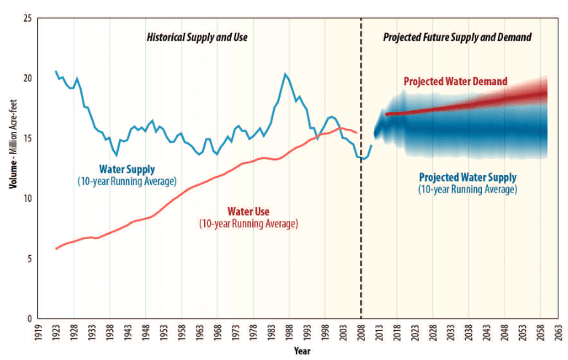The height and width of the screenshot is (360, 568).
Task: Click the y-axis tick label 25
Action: pyautogui.click(x=28, y=17)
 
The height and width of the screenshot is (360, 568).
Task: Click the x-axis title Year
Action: pyautogui.click(x=302, y=351)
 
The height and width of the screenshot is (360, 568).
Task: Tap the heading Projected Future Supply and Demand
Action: pyautogui.click(x=457, y=36)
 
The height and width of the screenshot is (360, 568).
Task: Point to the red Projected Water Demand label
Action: pyautogui.click(x=455, y=82)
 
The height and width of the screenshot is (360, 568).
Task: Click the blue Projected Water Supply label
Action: pyautogui.click(x=467, y=177)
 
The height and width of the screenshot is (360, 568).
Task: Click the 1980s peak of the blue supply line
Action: pyautogui.click(x=285, y=74)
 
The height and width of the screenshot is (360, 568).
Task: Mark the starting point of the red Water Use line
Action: pyautogui.click(x=56, y=249)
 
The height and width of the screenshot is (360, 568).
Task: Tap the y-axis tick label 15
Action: pyautogui.click(x=28, y=138)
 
